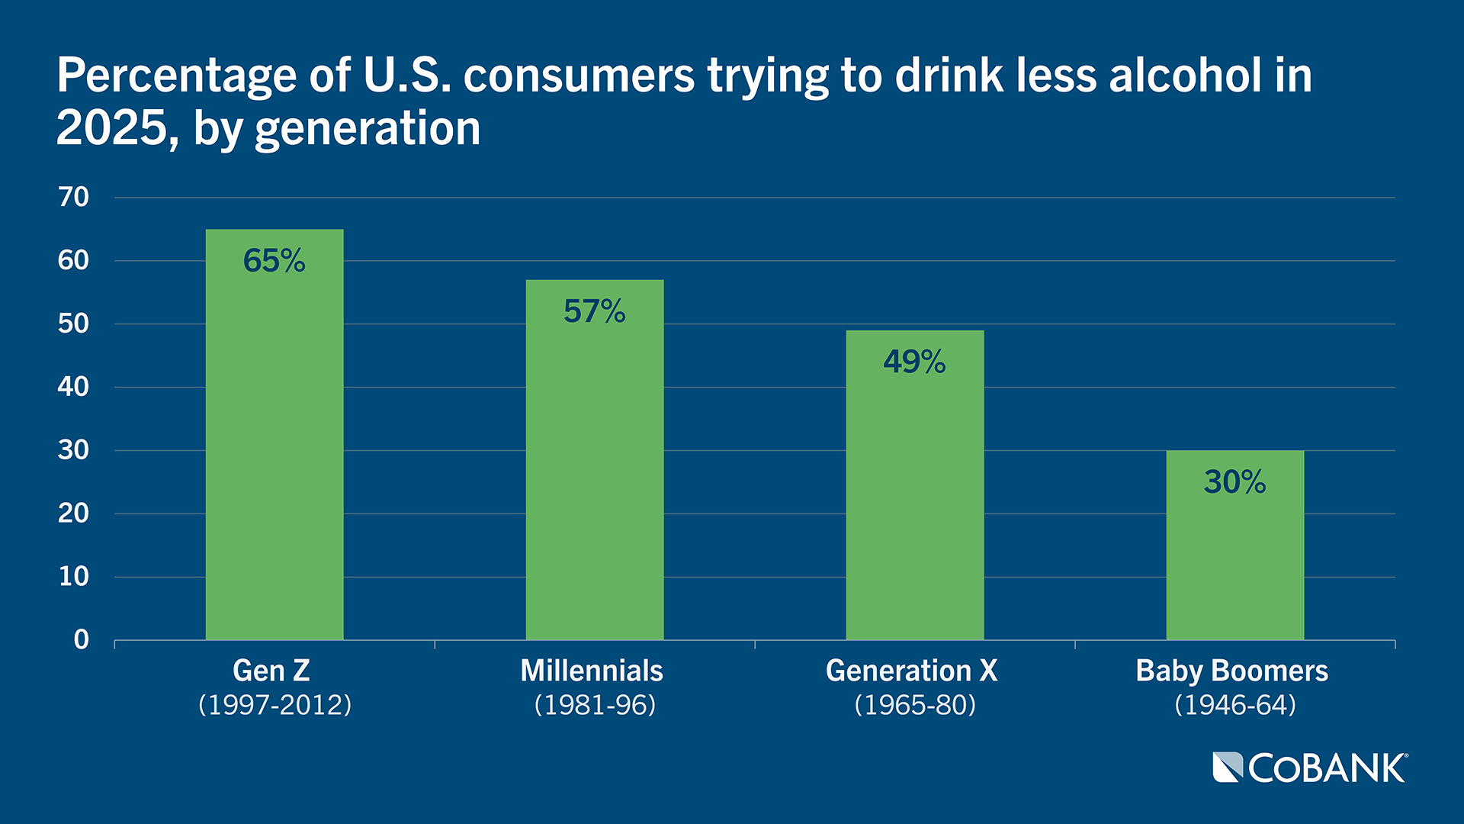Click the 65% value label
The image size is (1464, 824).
[274, 261]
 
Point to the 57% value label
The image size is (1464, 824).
[595, 311]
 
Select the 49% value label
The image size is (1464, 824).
[915, 362]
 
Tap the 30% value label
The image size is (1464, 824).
[1235, 482]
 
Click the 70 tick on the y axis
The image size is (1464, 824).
[74, 198]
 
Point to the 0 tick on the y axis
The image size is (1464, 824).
[82, 640]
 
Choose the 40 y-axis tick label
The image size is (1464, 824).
[74, 387]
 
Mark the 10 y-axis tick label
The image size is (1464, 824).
[74, 577]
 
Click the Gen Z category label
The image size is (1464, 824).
[271, 671]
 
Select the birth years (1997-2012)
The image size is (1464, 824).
[274, 704]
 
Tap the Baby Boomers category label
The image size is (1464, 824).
[1232, 671]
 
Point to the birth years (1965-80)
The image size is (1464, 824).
[915, 704]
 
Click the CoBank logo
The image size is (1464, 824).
[1310, 768]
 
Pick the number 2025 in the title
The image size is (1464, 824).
[112, 127]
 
